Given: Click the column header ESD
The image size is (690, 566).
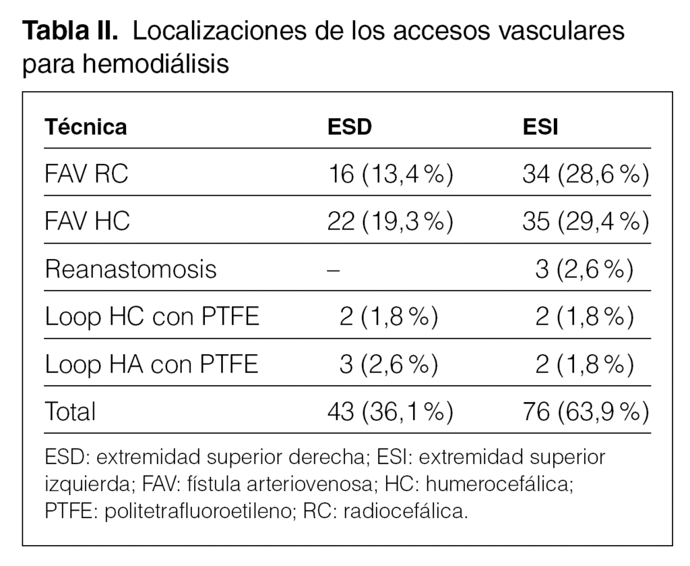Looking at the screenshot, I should (x=349, y=127).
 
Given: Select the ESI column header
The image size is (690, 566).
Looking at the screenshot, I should (x=540, y=127).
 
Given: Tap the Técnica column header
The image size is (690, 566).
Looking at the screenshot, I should (x=86, y=127).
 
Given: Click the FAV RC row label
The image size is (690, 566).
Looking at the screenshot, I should (x=86, y=175).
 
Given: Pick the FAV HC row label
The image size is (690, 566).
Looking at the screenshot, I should (x=87, y=222).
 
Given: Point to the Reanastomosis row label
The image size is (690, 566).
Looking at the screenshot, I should (x=131, y=269).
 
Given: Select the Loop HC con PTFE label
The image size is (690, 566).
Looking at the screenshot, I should (x=152, y=316).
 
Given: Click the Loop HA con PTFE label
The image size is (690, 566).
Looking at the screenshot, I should (x=152, y=364).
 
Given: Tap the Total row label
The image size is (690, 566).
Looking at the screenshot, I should (x=70, y=411).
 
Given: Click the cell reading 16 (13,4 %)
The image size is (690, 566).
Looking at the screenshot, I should (x=389, y=175).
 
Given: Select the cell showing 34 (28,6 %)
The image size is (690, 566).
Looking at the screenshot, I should (x=585, y=175).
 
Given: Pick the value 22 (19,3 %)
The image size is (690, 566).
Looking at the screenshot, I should (x=389, y=222).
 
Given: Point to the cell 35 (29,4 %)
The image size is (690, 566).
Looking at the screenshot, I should (x=585, y=222).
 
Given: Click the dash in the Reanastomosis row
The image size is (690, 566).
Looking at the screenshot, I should (x=333, y=270).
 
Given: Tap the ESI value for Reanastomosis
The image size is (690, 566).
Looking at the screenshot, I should (x=584, y=269).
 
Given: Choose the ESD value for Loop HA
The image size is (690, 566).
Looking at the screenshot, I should (x=389, y=364).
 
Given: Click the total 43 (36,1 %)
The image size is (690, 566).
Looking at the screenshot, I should (x=389, y=411).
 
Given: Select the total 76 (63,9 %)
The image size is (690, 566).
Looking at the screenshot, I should (x=585, y=411).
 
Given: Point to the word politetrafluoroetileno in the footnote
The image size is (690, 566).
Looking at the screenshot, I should (x=197, y=511).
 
